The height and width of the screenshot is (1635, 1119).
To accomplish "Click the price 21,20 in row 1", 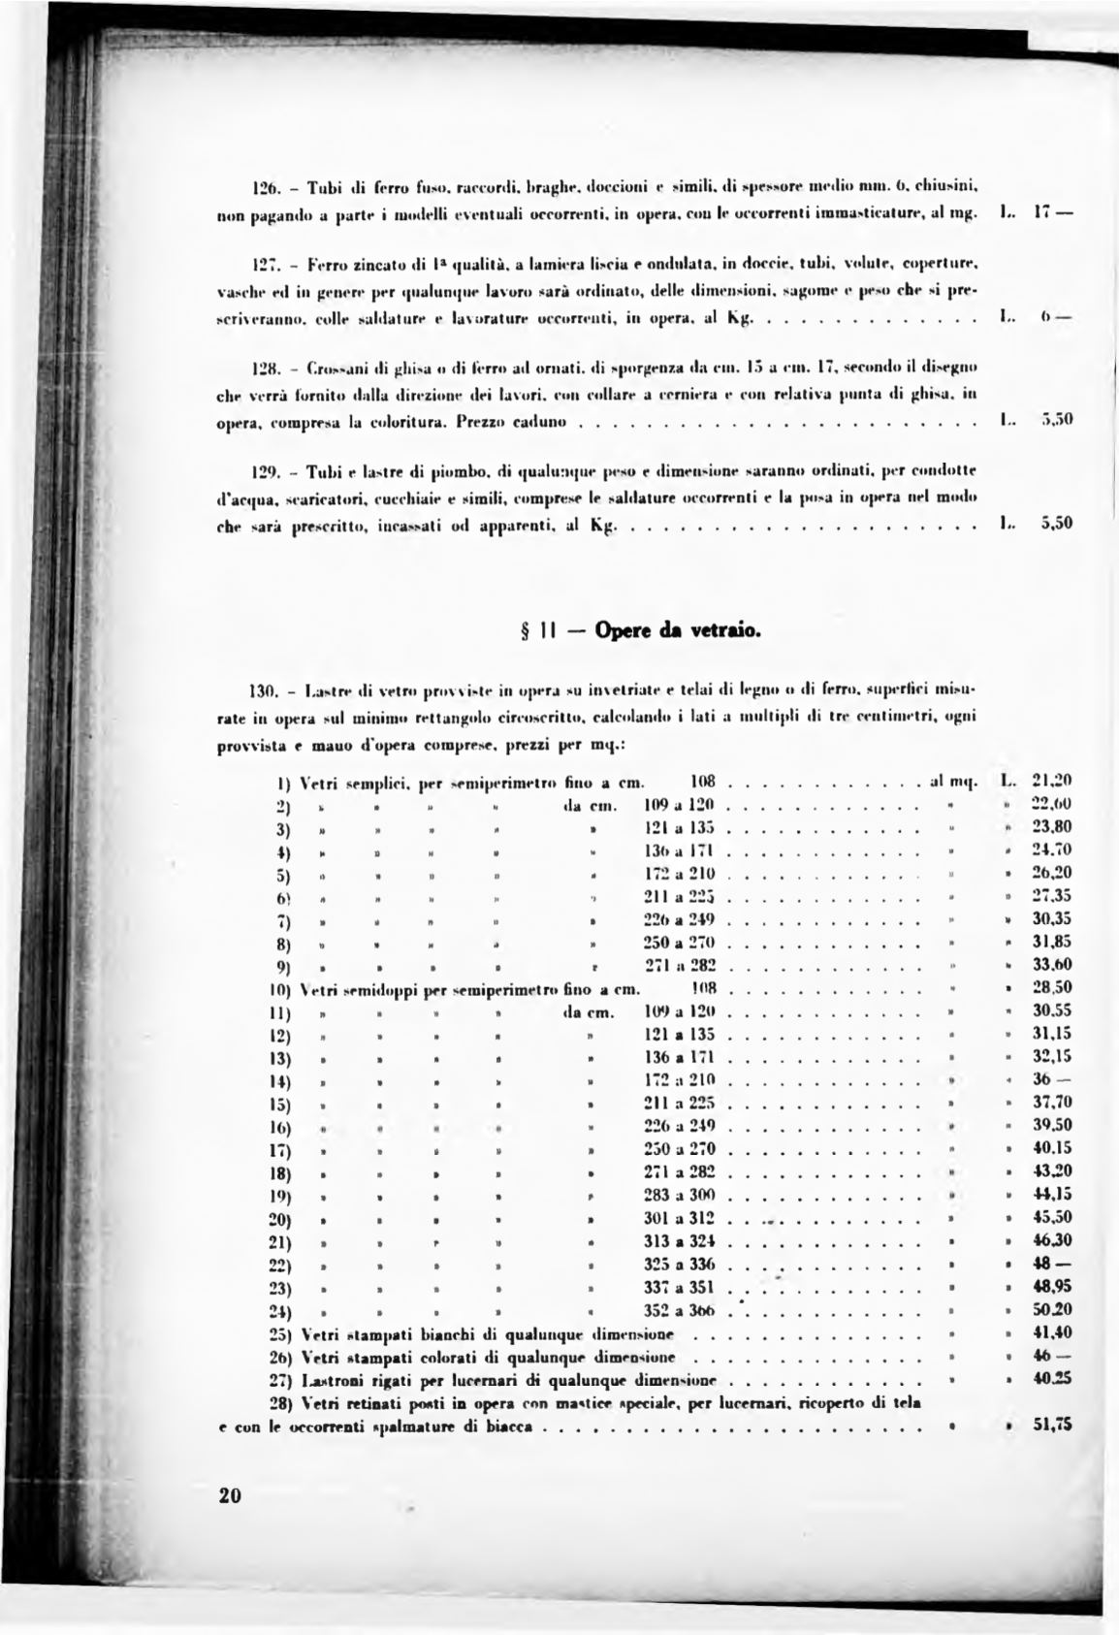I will coord(1051,780).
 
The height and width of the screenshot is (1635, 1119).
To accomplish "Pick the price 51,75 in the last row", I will coord(1051,1426).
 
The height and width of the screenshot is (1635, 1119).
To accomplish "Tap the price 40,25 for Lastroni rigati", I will coord(1051,1379).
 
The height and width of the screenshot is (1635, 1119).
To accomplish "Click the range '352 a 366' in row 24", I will coord(679,1310).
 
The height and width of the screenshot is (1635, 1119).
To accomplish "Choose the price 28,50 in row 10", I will coord(1051,987).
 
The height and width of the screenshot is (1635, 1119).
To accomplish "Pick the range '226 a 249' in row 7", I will coord(679,918).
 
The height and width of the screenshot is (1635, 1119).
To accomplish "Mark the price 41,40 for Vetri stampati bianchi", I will coord(1051,1333).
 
